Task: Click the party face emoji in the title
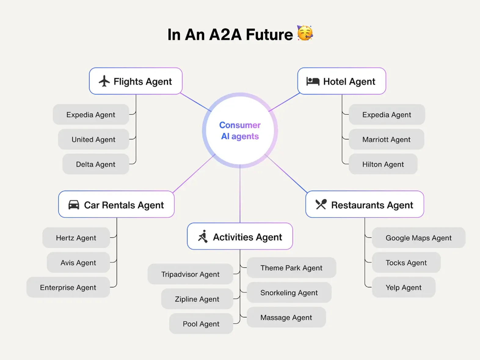[x=305, y=33]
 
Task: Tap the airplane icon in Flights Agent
[x=104, y=81]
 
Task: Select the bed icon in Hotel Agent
[x=313, y=81]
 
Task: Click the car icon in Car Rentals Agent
[x=74, y=205]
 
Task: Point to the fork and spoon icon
[x=321, y=204]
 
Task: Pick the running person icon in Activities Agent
[x=203, y=236]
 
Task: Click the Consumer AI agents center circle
[x=240, y=130]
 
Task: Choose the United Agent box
[x=94, y=139]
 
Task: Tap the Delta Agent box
[x=96, y=164]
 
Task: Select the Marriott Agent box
[x=386, y=139]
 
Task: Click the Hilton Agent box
[x=383, y=164]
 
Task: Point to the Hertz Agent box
[x=76, y=238]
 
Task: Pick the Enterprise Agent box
[x=68, y=287]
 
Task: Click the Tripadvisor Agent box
[x=190, y=274]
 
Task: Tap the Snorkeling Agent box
[x=289, y=293]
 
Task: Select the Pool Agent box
[x=201, y=324]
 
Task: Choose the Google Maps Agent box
[x=419, y=238]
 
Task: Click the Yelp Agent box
[x=404, y=287]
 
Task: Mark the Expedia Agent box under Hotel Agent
[x=387, y=115]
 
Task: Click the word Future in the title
[x=269, y=35]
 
